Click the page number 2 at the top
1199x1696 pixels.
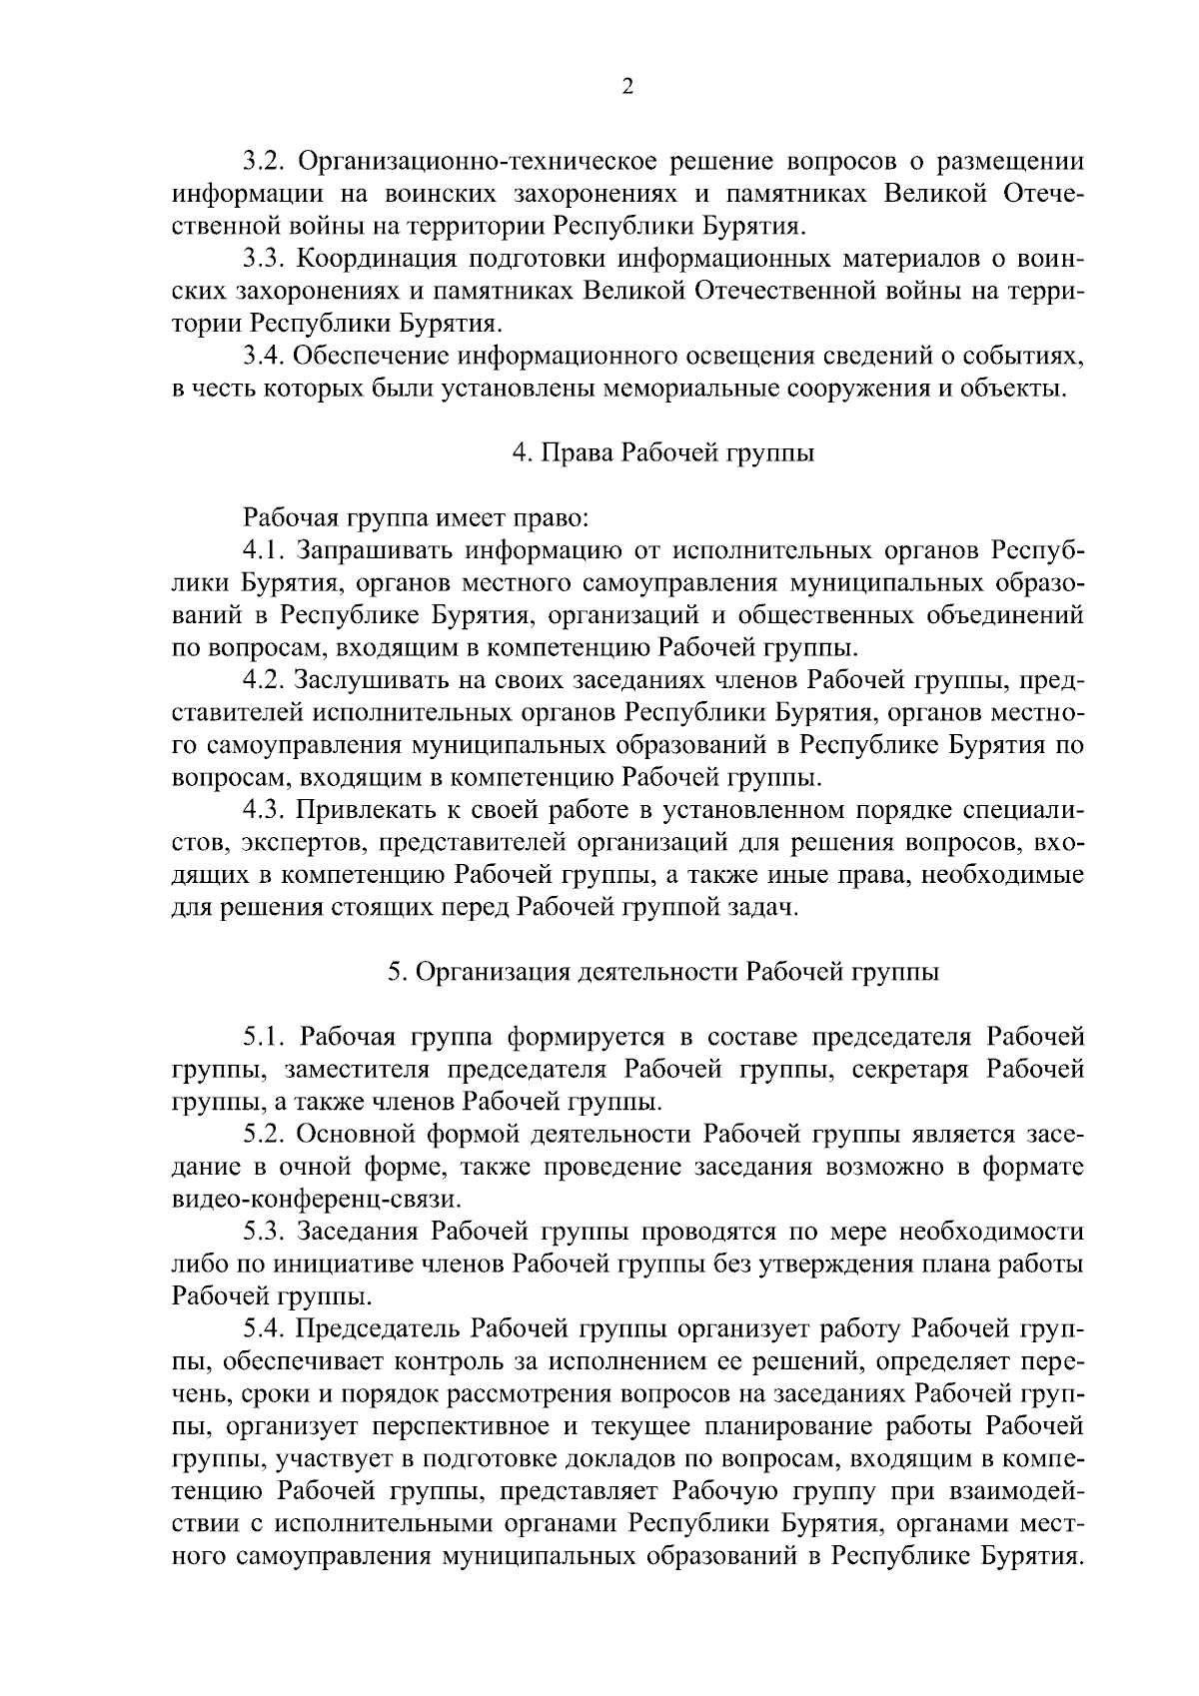click(x=626, y=87)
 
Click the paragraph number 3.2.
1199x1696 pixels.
click(x=266, y=161)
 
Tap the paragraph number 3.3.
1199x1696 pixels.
click(x=266, y=259)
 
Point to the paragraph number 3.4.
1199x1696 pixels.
click(x=266, y=357)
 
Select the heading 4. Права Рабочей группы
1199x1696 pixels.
click(x=662, y=453)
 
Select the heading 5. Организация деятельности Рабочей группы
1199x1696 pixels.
click(x=662, y=973)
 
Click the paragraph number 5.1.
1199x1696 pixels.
click(x=266, y=1038)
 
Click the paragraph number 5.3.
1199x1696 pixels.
click(x=266, y=1233)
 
